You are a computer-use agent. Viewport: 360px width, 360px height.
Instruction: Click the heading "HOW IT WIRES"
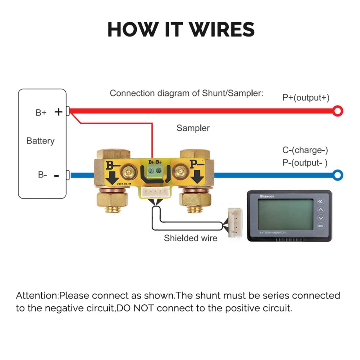181,29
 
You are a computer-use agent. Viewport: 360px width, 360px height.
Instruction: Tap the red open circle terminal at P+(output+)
337,111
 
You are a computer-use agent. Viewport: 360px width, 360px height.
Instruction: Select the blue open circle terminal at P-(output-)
337,175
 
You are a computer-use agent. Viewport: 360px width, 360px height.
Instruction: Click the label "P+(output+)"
306,98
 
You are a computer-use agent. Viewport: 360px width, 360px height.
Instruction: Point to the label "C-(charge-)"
305,150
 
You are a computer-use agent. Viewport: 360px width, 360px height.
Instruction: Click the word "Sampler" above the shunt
193,128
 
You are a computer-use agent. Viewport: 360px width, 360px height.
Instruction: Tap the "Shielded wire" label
190,238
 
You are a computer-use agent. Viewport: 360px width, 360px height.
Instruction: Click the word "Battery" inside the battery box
40,141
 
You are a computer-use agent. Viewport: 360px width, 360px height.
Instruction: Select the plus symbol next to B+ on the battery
58,112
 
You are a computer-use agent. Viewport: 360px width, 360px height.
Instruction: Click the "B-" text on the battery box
42,175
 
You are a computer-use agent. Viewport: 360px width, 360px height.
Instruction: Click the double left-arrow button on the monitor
321,201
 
